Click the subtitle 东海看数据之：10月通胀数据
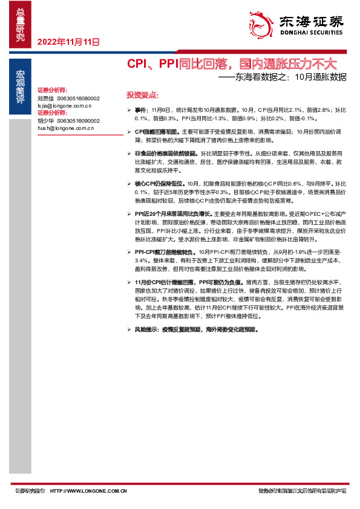(x=282, y=77)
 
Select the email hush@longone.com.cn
(x=65, y=129)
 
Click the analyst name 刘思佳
(x=46, y=97)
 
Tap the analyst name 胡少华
(x=46, y=121)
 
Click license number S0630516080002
(x=78, y=97)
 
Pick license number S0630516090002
(x=78, y=121)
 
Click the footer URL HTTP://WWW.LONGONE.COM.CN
(x=88, y=490)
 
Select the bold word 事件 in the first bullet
(x=140, y=111)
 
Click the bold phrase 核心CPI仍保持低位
(x=160, y=183)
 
